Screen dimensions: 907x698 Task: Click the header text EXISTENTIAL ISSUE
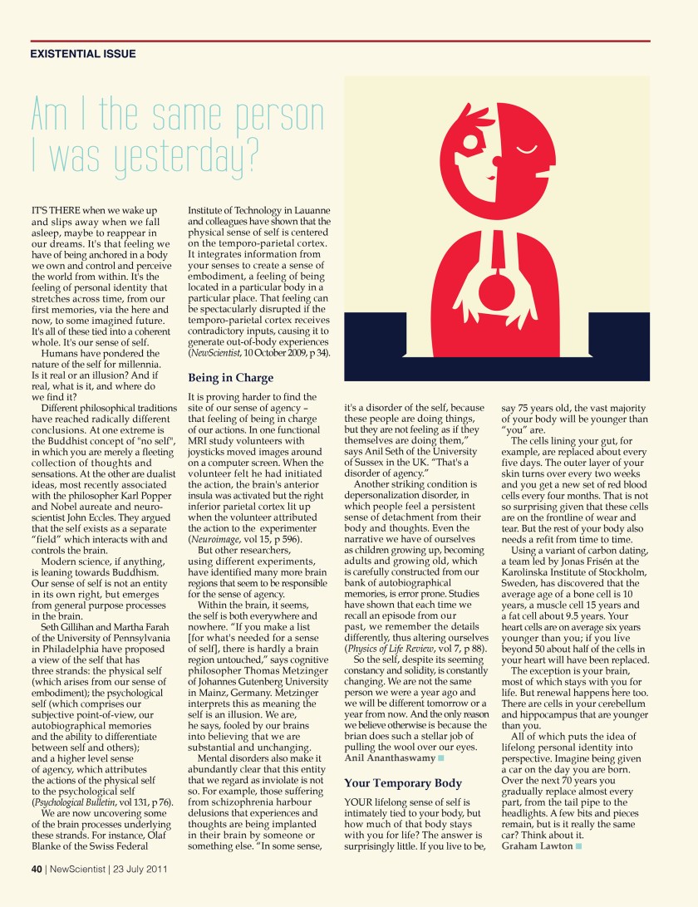click(83, 54)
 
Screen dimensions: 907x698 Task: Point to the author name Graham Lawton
click(537, 846)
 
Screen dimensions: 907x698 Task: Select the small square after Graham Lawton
click(578, 846)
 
